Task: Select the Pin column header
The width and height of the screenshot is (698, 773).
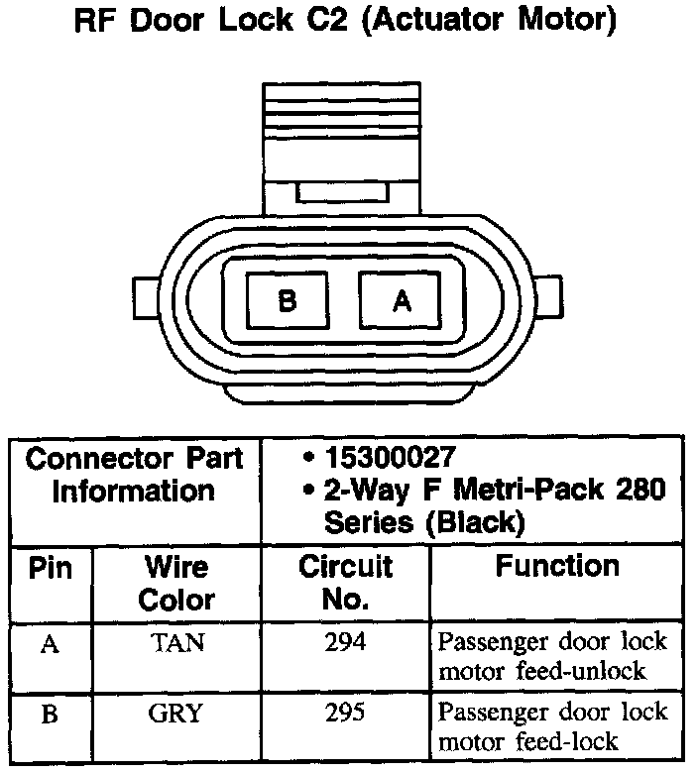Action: [x=51, y=568]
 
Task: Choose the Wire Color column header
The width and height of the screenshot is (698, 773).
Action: [x=176, y=583]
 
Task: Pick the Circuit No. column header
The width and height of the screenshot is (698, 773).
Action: [x=345, y=583]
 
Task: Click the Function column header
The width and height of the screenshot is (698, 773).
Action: [x=558, y=567]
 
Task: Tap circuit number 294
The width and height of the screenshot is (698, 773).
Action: [x=345, y=642]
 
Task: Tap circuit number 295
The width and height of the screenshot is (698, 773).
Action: [x=345, y=714]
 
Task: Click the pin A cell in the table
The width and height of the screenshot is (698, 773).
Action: [x=51, y=644]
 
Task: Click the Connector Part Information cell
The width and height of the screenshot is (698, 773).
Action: [x=134, y=475]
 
